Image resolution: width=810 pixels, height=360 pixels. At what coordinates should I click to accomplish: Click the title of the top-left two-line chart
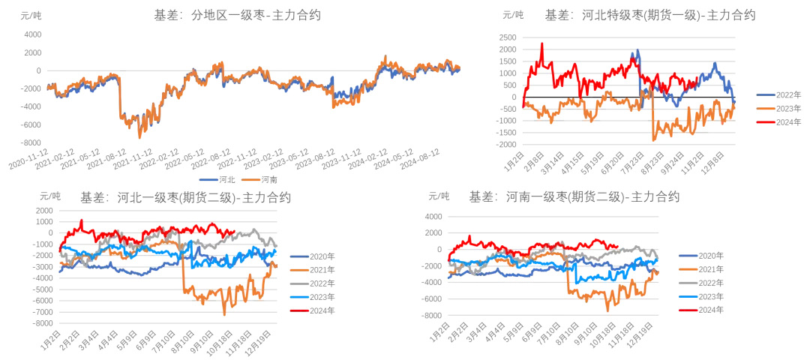pos(237,14)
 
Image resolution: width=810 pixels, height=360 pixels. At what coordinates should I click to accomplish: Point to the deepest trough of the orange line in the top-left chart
pos(140,136)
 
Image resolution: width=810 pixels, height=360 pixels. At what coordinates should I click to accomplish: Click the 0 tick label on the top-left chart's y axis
pos(37,72)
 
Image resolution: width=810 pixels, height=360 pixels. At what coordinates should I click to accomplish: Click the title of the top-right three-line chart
pos(667,14)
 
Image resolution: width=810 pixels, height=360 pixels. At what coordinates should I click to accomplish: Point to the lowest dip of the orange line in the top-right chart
pos(654,139)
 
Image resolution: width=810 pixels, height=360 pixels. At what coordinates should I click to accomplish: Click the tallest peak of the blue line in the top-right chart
pos(637,51)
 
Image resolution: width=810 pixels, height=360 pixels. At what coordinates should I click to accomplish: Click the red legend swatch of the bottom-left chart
pos(299,310)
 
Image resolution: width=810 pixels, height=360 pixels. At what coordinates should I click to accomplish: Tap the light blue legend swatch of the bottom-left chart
pos(299,296)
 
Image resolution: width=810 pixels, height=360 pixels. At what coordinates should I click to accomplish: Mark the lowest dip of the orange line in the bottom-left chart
pos(225,313)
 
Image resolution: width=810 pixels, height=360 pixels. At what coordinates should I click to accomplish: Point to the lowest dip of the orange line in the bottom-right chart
pos(609,308)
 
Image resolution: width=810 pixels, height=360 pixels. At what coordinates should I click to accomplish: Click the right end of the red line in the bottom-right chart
pos(617,245)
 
